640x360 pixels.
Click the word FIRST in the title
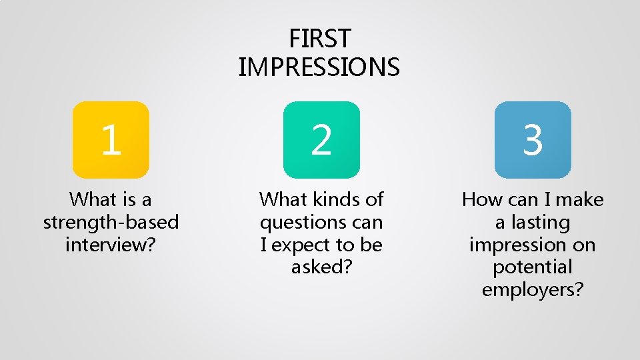(x=319, y=39)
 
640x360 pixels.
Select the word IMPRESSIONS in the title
(x=319, y=67)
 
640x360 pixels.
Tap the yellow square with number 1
(x=111, y=140)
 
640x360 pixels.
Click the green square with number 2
(x=321, y=140)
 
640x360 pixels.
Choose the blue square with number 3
(x=533, y=140)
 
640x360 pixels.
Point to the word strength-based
(x=111, y=222)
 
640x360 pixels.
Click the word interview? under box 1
(x=111, y=245)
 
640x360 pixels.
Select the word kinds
(x=333, y=199)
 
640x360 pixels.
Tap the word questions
(x=303, y=222)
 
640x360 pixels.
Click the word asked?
(x=321, y=267)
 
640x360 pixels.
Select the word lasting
(x=542, y=222)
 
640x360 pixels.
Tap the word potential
(x=533, y=267)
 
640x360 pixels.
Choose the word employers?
(x=533, y=290)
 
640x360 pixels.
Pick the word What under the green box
(x=282, y=199)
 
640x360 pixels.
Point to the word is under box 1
(x=127, y=199)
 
